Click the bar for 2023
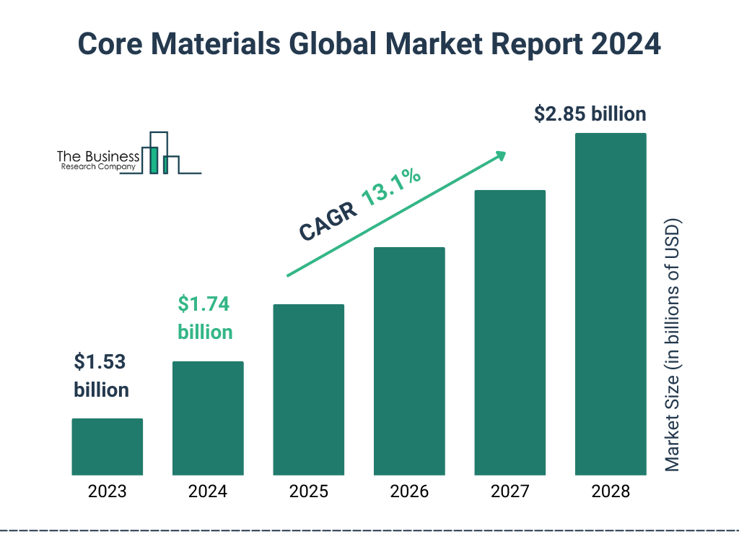(x=108, y=447)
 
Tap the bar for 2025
(x=309, y=390)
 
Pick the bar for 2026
(x=409, y=361)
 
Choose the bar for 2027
(x=510, y=332)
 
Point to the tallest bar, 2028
(x=611, y=304)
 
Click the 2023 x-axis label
(x=108, y=492)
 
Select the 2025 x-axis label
(x=309, y=492)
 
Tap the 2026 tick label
(x=409, y=492)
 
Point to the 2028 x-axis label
(x=611, y=492)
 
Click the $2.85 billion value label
(x=590, y=114)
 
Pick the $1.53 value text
(x=100, y=362)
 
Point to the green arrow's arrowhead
(x=499, y=155)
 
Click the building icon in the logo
(x=160, y=153)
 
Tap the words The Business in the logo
(x=98, y=156)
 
